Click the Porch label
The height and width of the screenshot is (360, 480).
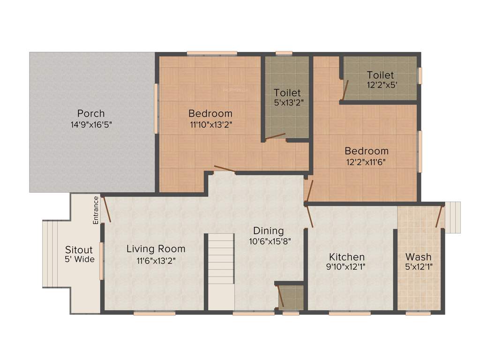(91, 113)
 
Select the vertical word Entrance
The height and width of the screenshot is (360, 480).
(96, 210)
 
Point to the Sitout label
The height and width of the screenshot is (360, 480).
(79, 250)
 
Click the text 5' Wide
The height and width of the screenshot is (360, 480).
(80, 260)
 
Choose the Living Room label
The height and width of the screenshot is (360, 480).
(156, 249)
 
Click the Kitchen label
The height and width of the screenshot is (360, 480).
(347, 257)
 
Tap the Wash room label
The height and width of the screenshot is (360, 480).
(419, 257)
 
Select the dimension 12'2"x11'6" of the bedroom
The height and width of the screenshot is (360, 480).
(367, 162)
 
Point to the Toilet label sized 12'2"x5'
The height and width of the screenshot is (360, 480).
(380, 75)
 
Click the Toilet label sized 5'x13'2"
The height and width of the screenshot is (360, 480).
(287, 93)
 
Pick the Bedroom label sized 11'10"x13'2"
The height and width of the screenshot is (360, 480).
(210, 113)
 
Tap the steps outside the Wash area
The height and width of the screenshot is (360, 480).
(453, 217)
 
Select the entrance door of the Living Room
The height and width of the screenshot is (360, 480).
(106, 209)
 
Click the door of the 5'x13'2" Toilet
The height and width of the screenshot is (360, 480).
(275, 136)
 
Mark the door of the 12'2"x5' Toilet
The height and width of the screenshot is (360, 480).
(345, 90)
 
